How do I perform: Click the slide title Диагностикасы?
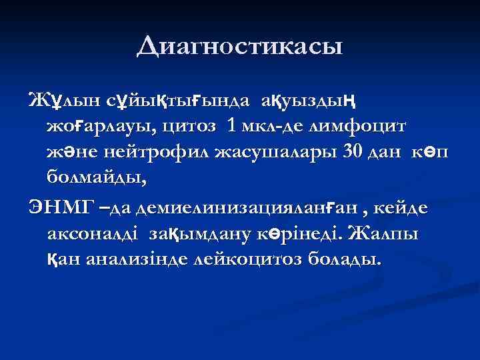coord(240,46)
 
